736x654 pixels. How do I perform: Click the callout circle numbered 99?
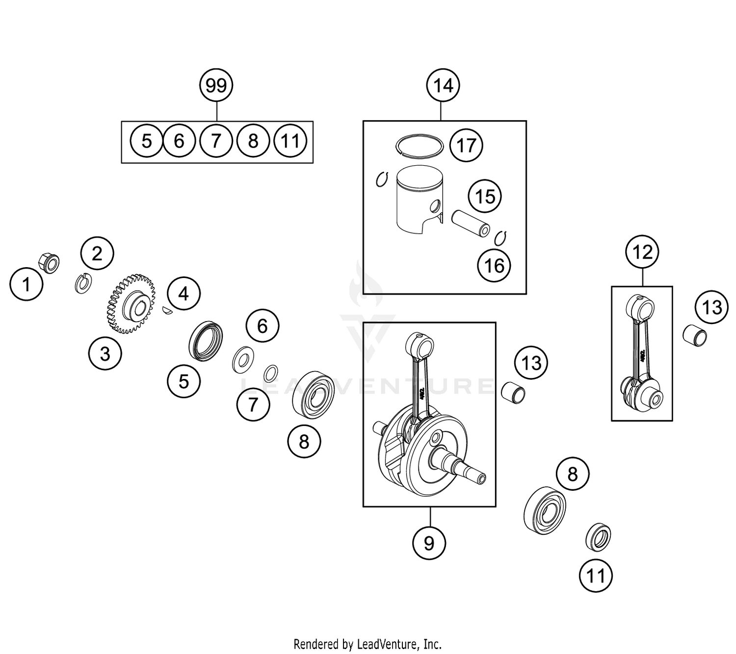(x=216, y=85)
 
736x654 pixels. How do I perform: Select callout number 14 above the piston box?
(x=443, y=85)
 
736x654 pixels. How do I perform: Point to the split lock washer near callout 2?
(x=83, y=283)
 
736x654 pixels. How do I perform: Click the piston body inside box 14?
(x=420, y=201)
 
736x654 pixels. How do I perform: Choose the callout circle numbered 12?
(x=642, y=252)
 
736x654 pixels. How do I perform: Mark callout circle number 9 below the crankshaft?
(x=429, y=543)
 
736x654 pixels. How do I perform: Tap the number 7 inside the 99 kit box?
(x=216, y=141)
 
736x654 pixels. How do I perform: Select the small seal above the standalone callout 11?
(x=598, y=537)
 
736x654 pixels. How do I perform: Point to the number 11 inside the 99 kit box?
(x=290, y=141)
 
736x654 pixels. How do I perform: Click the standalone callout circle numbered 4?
(x=184, y=294)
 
